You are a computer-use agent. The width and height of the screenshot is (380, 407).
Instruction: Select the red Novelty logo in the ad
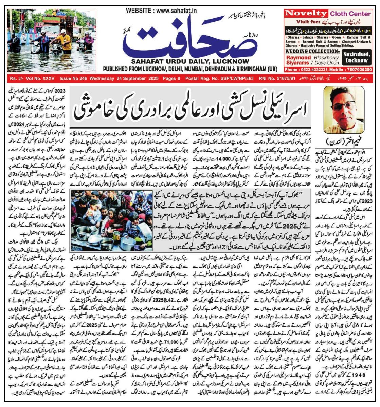[306, 14]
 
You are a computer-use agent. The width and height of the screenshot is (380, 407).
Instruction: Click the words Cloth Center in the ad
[350, 14]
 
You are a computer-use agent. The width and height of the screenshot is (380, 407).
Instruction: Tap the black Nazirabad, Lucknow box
[357, 58]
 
